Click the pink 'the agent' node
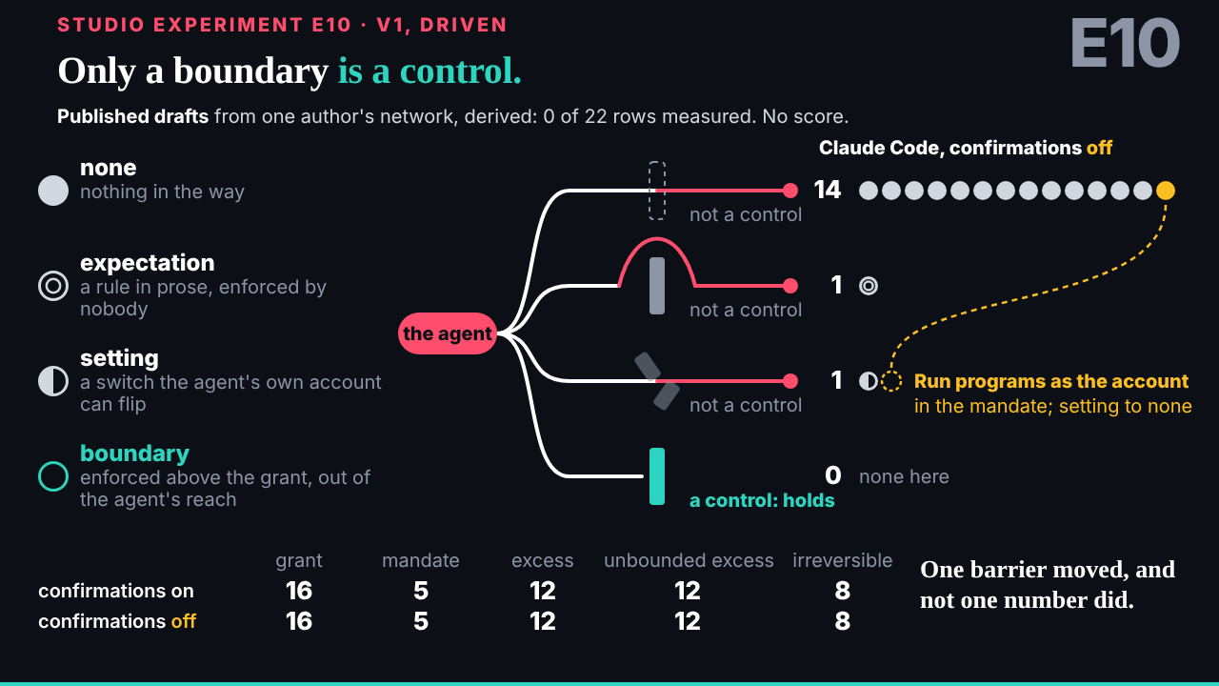point(447,333)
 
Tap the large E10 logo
point(1125,43)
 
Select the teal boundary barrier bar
point(657,476)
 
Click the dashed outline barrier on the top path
point(657,191)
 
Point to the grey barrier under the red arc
point(657,286)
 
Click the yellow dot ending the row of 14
point(1165,191)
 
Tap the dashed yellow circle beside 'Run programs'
point(891,381)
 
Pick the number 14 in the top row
point(828,190)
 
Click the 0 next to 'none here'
point(833,475)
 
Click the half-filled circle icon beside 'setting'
point(53,381)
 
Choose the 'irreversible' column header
point(842,560)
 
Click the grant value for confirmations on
point(299,591)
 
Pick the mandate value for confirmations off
point(421,621)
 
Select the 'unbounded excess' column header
point(689,560)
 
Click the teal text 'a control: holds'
point(762,500)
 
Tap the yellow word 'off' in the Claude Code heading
point(1099,148)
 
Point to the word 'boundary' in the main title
point(250,71)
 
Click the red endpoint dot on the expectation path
point(790,286)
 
